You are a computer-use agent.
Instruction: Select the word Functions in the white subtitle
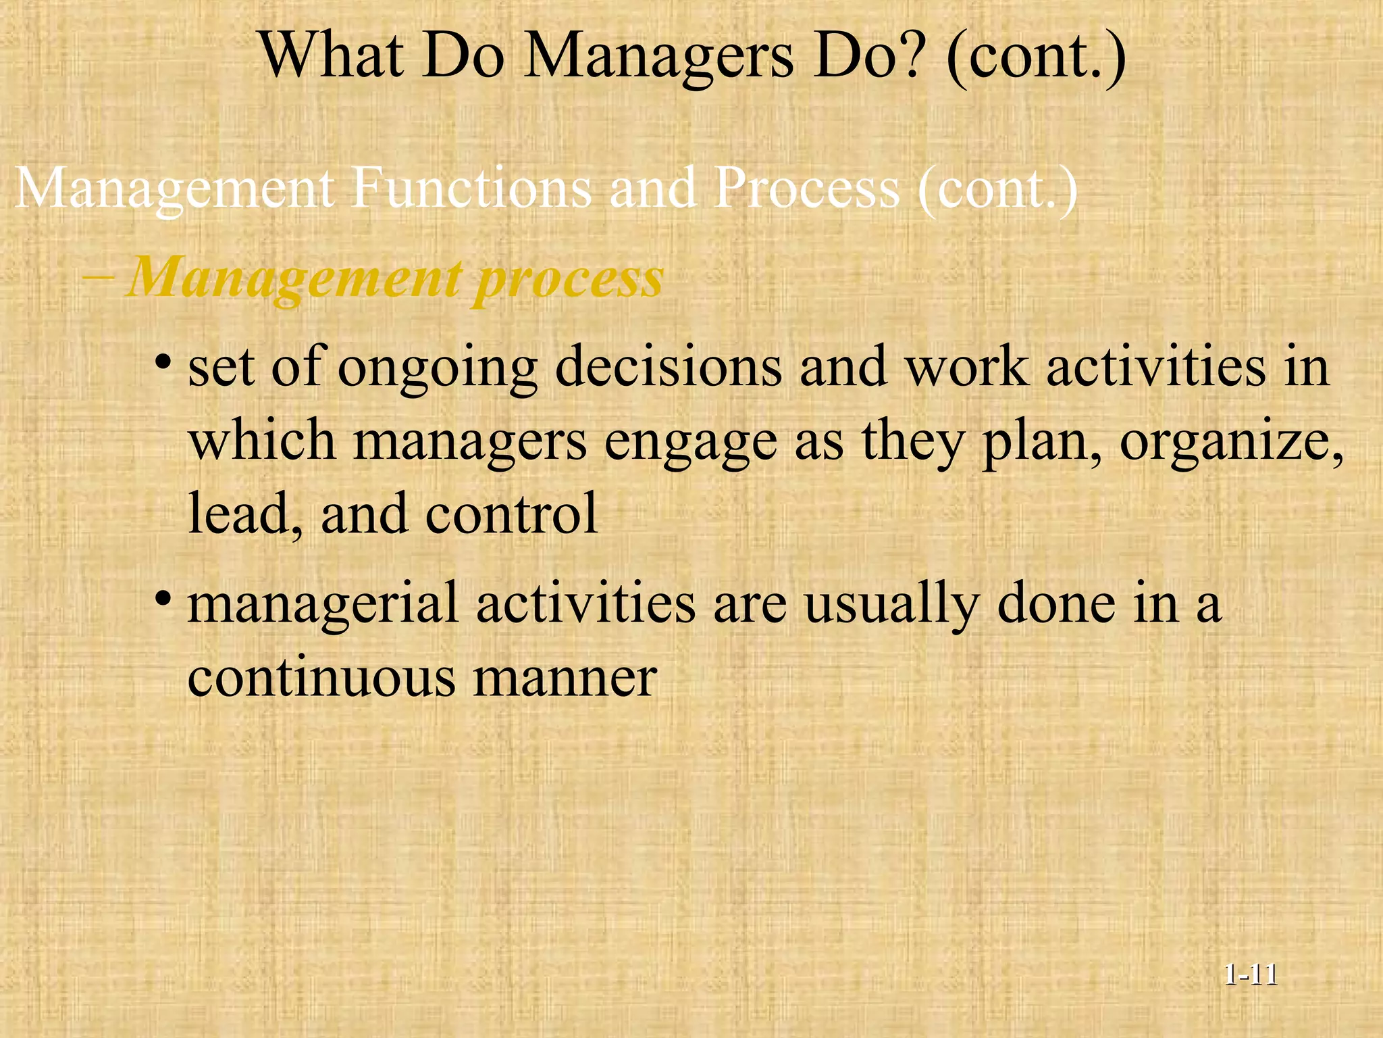pyautogui.click(x=471, y=189)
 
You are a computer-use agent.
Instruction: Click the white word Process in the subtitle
pyautogui.click(x=806, y=189)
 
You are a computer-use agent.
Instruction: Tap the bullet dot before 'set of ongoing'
pyautogui.click(x=163, y=362)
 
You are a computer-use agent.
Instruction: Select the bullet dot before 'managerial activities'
pyautogui.click(x=163, y=598)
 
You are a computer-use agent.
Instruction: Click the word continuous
pyautogui.click(x=321, y=677)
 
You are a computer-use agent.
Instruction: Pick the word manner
pyautogui.click(x=565, y=678)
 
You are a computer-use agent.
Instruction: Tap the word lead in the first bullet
pyautogui.click(x=236, y=513)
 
